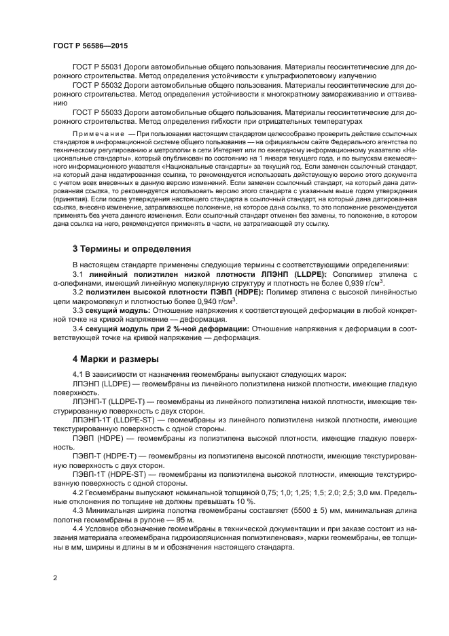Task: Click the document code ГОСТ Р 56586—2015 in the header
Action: coord(90,46)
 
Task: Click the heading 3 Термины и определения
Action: coord(132,248)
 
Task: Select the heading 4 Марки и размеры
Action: coord(115,358)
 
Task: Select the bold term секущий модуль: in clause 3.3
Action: coord(116,309)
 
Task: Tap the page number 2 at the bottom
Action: coord(54,578)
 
